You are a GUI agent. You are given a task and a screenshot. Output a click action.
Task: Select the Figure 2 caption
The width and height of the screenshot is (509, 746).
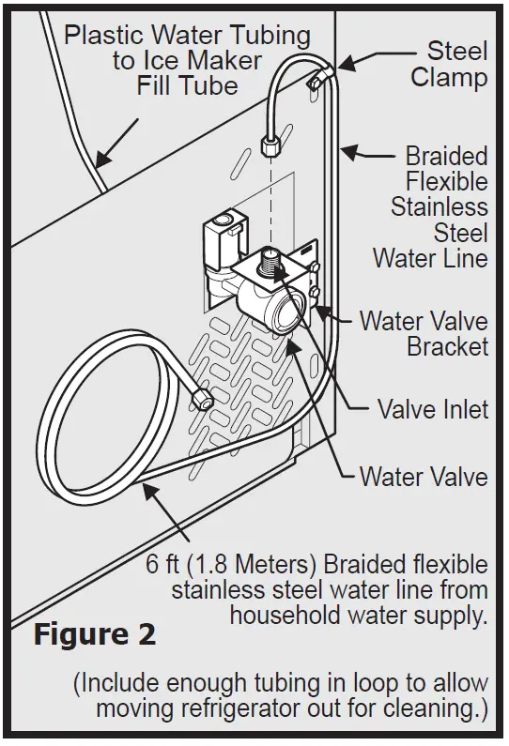95,634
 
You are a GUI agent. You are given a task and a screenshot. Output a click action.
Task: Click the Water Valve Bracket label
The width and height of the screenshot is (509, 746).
423,333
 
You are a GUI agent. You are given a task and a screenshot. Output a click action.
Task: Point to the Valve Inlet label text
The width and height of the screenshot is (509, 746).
432,409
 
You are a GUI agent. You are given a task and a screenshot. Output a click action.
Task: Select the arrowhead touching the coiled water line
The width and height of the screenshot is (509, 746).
147,482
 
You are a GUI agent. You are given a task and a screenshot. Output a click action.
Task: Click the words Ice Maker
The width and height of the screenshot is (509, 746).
185,62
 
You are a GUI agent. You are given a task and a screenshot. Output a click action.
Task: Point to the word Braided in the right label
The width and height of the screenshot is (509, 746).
446,155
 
